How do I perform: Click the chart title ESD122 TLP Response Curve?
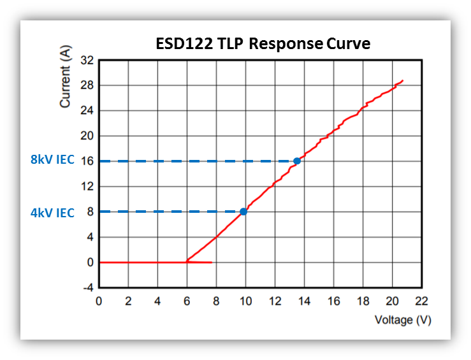pyautogui.click(x=263, y=45)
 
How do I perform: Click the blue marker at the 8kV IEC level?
pyautogui.click(x=297, y=161)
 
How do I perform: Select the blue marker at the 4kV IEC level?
pyautogui.click(x=243, y=212)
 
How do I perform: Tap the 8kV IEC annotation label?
pyautogui.click(x=52, y=161)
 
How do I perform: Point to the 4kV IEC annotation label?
pyautogui.click(x=52, y=213)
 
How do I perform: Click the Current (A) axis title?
pyautogui.click(x=65, y=76)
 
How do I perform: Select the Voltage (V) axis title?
pyautogui.click(x=403, y=320)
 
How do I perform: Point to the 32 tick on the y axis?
pyautogui.click(x=87, y=61)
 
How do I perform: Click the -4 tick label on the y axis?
pyautogui.click(x=87, y=287)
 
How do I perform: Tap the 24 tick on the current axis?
pyautogui.click(x=87, y=111)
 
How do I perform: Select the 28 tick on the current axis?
pyautogui.click(x=87, y=85)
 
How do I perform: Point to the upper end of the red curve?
pyautogui.click(x=402, y=81)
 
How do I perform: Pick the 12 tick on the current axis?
pyautogui.click(x=87, y=187)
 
